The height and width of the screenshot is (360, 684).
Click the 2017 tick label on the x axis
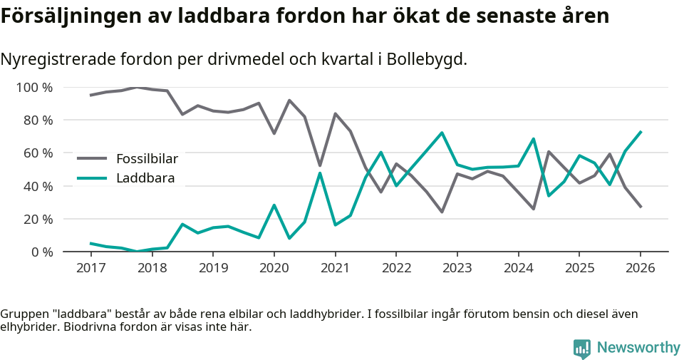(x=90, y=268)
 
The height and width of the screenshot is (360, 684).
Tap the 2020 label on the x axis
(x=274, y=268)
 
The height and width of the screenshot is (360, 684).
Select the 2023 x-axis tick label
(x=457, y=268)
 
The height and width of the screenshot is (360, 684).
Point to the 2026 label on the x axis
(x=640, y=268)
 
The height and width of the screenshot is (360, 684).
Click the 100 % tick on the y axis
(x=34, y=88)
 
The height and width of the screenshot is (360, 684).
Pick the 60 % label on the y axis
(x=37, y=153)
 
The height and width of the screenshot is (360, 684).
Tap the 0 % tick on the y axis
(x=41, y=252)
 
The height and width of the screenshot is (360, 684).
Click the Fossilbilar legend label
(x=147, y=158)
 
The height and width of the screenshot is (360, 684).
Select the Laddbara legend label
(x=145, y=178)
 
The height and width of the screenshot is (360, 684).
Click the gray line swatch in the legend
(x=92, y=158)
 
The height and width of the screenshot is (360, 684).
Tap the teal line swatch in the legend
(x=92, y=178)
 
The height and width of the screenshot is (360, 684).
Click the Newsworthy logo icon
(x=581, y=348)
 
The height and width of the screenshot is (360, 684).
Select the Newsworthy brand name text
(x=638, y=348)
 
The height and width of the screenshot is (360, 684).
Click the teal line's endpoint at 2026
(x=641, y=132)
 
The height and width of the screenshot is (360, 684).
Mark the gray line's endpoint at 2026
(x=641, y=207)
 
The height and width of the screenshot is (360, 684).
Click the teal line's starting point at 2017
(x=90, y=243)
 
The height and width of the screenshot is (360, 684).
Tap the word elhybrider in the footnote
(x=29, y=327)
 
